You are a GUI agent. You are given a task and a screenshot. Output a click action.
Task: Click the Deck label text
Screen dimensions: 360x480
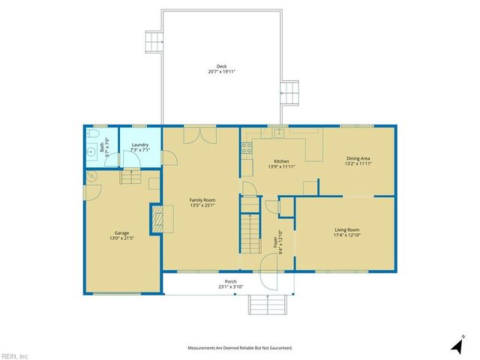222,68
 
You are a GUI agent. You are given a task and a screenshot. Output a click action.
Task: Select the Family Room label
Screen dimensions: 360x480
202,202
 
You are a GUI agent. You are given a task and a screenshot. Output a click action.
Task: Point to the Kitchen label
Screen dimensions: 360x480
281,163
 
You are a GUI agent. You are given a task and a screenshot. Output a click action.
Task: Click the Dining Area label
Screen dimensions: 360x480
358,160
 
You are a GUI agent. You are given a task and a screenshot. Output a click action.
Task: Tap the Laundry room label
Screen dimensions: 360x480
139,147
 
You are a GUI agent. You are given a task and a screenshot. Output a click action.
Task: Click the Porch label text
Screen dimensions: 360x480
230,284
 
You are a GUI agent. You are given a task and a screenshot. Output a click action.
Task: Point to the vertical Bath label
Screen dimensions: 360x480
105,145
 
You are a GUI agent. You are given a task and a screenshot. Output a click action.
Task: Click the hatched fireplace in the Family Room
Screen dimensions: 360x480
157,219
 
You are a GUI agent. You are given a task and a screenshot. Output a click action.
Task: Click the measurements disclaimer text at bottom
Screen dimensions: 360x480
239,348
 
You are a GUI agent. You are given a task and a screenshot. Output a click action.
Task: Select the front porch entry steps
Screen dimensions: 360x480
268,305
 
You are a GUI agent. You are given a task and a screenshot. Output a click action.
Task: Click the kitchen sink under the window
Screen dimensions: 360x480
278,133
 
